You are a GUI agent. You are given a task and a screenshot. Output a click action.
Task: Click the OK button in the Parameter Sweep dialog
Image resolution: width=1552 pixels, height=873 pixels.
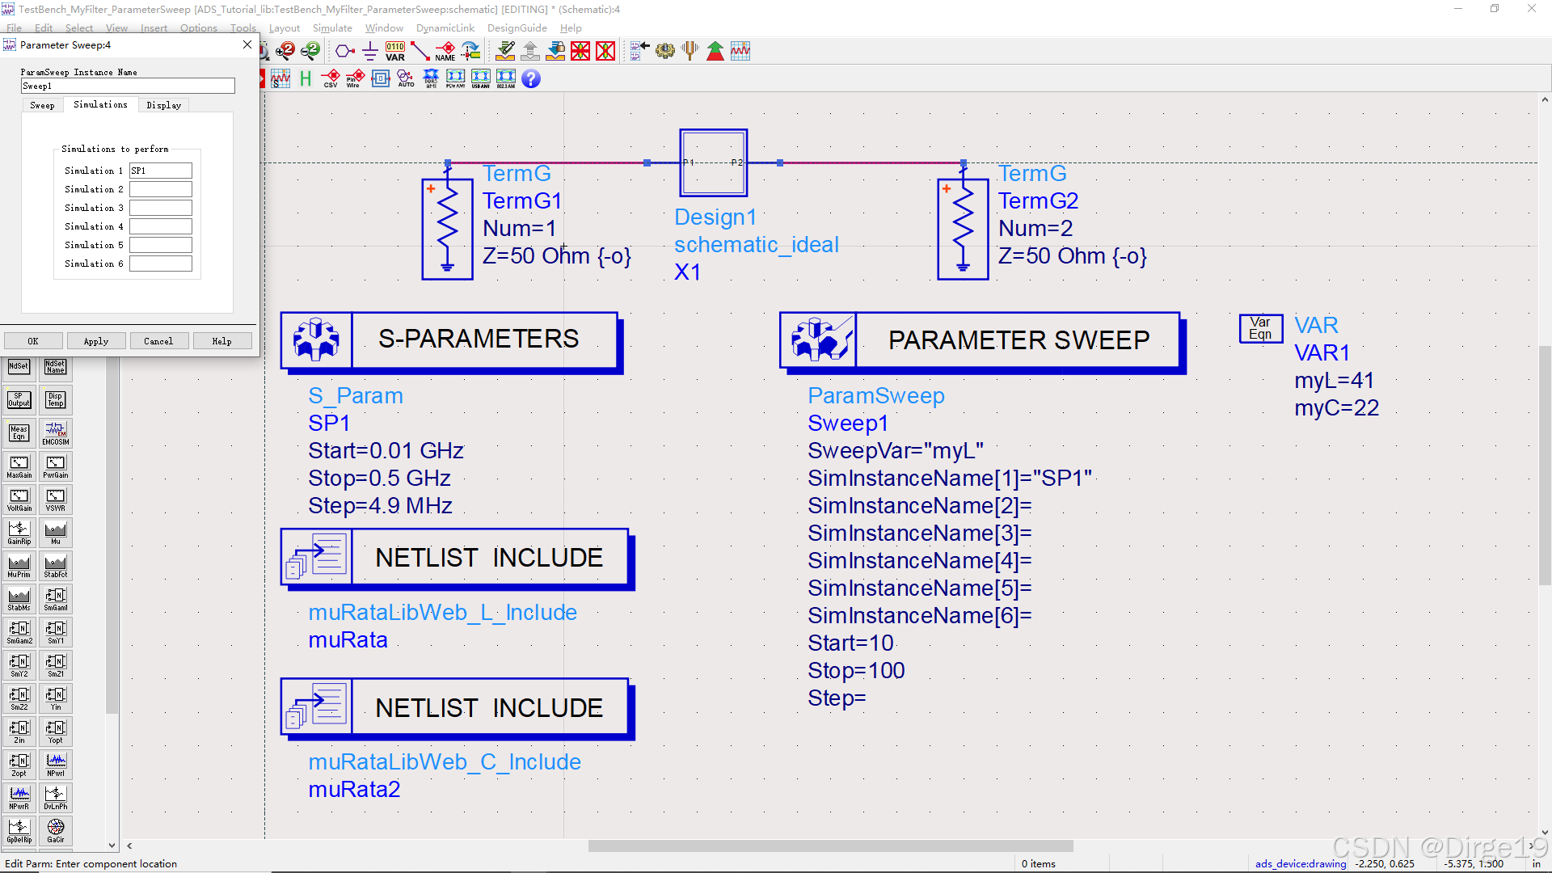tap(33, 341)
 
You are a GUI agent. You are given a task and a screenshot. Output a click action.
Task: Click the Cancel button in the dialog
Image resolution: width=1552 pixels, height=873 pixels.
tap(158, 341)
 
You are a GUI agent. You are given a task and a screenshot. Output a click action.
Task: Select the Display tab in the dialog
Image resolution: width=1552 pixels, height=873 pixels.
tap(164, 105)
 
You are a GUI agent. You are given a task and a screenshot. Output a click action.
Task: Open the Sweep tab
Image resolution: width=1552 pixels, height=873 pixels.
tap(42, 105)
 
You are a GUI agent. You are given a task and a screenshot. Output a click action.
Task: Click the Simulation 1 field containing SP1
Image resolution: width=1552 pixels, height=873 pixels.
tap(161, 171)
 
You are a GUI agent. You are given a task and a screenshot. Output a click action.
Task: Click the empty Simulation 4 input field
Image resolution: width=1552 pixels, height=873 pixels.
tap(161, 226)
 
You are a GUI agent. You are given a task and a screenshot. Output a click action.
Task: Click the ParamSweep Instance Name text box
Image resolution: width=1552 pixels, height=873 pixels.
tap(128, 86)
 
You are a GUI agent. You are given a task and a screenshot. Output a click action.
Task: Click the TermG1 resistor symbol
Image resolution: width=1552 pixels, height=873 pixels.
tap(447, 229)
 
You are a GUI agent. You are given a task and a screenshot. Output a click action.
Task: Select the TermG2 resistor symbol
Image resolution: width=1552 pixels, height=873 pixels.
tap(963, 229)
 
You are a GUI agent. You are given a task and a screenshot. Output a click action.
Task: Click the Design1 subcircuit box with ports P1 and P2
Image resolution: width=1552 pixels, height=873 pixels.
tap(713, 162)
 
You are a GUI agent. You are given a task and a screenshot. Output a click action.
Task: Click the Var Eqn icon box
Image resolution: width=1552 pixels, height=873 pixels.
tap(1260, 328)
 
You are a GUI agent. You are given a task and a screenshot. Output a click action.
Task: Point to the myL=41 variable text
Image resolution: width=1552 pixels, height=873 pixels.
tap(1334, 380)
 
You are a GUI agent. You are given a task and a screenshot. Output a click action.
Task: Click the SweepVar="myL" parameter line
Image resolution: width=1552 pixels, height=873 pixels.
tap(895, 450)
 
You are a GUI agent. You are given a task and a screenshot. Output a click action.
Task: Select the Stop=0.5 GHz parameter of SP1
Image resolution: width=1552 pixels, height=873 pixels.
tap(379, 478)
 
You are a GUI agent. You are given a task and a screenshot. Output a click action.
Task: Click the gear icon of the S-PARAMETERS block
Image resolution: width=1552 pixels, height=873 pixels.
tap(317, 339)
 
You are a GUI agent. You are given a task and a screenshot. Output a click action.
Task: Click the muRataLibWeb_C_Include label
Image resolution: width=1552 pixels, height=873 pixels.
tap(445, 761)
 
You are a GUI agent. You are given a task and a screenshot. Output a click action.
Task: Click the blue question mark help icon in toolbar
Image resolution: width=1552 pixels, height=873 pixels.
tap(531, 78)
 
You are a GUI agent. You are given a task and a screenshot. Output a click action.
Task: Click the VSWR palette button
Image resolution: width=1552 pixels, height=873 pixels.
tap(56, 500)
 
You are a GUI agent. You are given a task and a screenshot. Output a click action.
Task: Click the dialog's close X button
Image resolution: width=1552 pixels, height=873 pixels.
tap(247, 45)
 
